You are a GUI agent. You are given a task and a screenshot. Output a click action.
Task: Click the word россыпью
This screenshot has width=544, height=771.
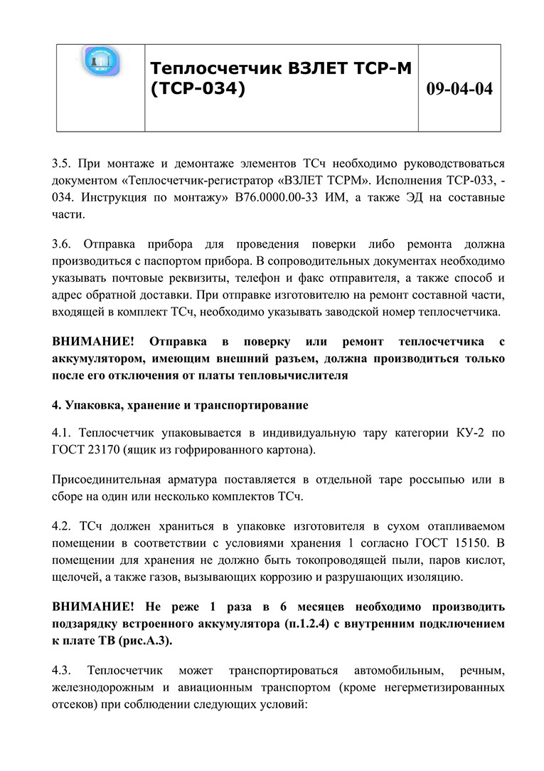(x=434, y=480)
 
